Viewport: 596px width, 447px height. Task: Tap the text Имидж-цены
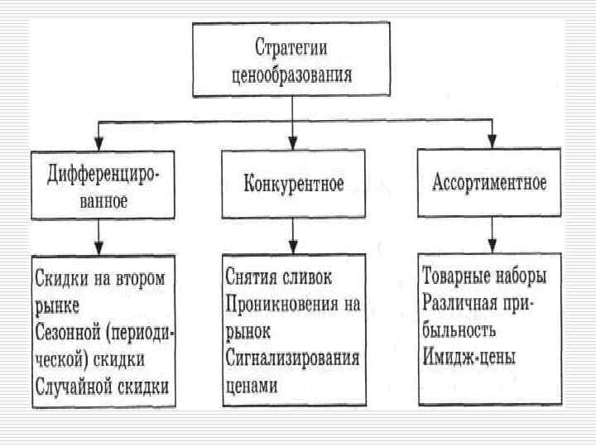pos(469,358)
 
